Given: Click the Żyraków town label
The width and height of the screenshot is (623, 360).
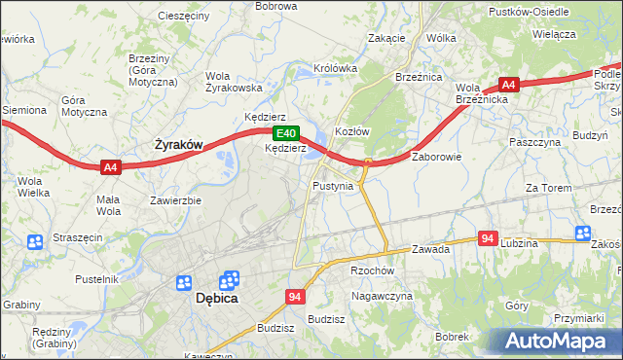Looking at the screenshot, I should click(x=179, y=145).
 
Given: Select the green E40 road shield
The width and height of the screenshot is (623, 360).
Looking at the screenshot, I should click(x=284, y=133).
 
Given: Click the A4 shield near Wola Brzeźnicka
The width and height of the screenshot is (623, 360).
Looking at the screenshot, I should click(x=508, y=85).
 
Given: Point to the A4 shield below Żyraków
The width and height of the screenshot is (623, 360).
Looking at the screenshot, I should click(x=110, y=167).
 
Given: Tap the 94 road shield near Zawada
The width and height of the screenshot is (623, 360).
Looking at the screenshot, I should click(x=489, y=238).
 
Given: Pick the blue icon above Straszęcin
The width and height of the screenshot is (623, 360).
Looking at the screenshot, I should click(x=35, y=241).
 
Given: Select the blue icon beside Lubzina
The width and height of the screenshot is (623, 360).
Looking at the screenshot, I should click(x=582, y=233).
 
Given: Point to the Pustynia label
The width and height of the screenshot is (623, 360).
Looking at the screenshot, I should click(x=333, y=185).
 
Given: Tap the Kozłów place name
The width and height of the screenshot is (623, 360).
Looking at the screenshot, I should click(x=351, y=131).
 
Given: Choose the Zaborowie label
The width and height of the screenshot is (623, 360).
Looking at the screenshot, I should click(x=436, y=156).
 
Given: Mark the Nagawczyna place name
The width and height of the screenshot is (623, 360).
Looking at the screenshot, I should click(x=383, y=295).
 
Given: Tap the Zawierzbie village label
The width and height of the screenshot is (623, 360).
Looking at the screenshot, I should click(x=175, y=200).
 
